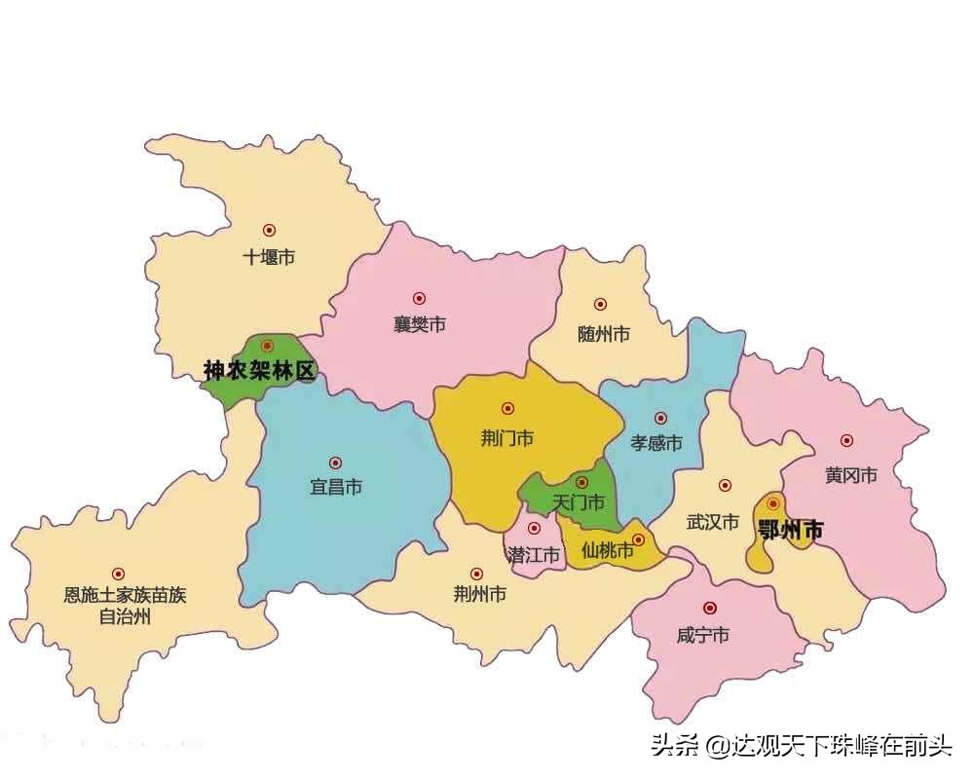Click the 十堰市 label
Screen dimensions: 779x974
point(269,258)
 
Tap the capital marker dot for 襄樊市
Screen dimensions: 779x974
point(419,298)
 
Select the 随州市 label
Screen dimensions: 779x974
point(603,334)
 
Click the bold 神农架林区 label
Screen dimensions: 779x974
point(260,371)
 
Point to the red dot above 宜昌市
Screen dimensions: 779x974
point(335,463)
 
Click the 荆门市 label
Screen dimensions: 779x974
point(506,438)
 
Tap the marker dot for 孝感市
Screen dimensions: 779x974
point(660,418)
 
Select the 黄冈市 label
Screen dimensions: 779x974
point(851,475)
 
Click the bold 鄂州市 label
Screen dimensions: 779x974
point(790,531)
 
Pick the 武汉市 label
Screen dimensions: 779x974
point(713,522)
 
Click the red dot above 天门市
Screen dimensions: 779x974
point(581,481)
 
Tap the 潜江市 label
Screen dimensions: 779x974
point(535,556)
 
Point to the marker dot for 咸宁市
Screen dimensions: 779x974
point(709,608)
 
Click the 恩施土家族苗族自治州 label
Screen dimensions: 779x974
point(125,606)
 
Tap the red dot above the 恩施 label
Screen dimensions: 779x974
point(118,574)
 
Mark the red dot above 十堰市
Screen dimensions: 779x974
point(269,231)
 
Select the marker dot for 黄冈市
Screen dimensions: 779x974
point(846,441)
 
